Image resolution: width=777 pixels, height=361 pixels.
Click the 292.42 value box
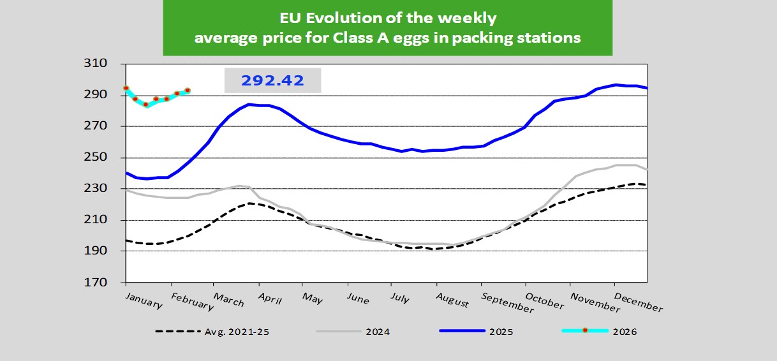272,81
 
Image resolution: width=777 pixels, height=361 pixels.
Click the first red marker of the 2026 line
126,88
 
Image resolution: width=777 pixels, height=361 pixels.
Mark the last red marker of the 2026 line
188,91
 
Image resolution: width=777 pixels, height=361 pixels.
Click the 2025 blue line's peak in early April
249,104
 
